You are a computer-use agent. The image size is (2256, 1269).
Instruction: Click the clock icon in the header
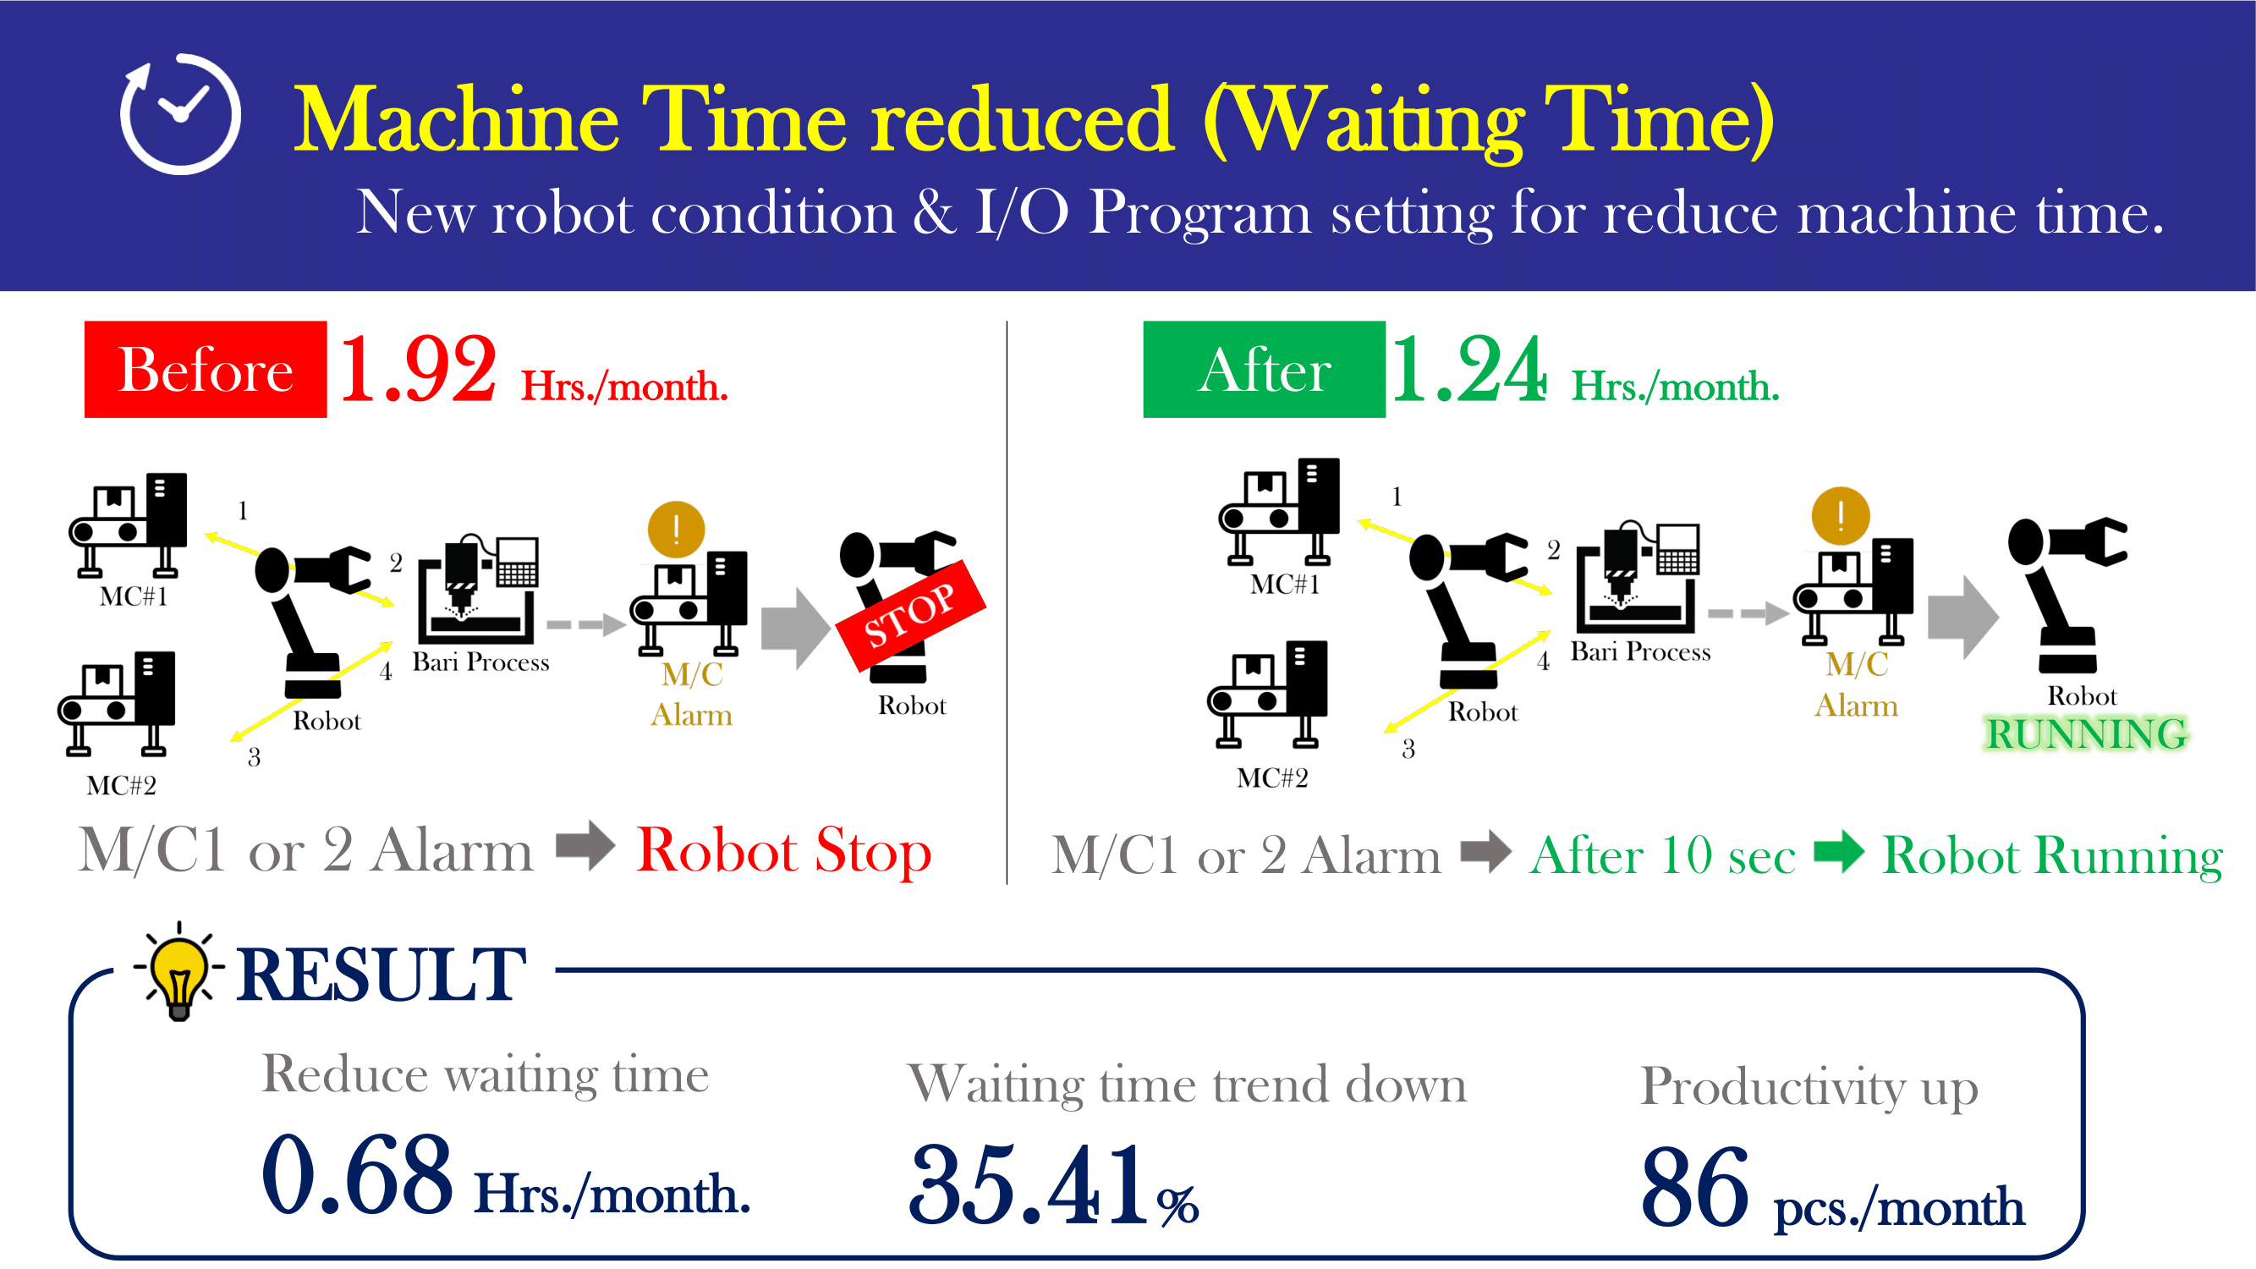click(x=180, y=114)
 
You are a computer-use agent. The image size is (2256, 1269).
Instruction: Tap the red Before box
click(x=206, y=369)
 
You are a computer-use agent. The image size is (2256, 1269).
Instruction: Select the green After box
click(x=1264, y=369)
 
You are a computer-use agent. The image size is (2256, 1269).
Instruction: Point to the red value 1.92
click(x=418, y=370)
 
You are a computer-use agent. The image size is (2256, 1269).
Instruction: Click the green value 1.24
click(x=1468, y=370)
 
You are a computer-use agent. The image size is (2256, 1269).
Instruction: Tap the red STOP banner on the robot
click(x=911, y=615)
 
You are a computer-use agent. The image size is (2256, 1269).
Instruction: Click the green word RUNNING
click(x=2086, y=733)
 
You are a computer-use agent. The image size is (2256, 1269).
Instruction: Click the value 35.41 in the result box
click(x=1027, y=1185)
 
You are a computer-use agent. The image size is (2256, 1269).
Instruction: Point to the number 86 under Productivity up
click(x=1694, y=1187)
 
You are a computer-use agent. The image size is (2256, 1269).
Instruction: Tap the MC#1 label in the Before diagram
click(x=133, y=596)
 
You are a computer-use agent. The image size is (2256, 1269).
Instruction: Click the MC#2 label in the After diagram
click(x=1272, y=777)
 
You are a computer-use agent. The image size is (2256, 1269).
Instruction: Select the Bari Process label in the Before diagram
click(x=480, y=662)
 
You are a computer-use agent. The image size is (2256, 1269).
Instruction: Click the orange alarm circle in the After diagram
click(x=1840, y=516)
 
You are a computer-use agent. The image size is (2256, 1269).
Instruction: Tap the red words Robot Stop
click(x=784, y=851)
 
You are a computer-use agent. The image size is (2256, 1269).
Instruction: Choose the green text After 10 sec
click(x=1663, y=855)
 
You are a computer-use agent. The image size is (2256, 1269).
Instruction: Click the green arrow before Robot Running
click(x=1839, y=851)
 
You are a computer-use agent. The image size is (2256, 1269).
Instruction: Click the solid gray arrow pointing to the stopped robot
click(x=795, y=628)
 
